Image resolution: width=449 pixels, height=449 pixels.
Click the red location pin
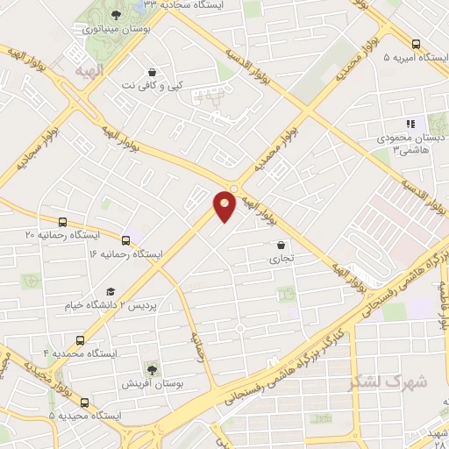(224, 205)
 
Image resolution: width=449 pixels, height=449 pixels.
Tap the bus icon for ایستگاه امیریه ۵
(416, 44)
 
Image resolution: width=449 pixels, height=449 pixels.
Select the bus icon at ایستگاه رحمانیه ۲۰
(61, 223)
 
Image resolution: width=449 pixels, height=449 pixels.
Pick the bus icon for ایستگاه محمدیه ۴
(81, 339)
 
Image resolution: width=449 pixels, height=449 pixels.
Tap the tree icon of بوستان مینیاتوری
(118, 16)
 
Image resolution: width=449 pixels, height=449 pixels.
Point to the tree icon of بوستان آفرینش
(152, 370)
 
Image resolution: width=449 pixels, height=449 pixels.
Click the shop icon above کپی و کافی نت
(153, 73)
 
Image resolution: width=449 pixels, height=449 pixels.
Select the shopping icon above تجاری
(281, 246)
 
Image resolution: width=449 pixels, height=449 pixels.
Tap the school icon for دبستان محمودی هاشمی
(409, 125)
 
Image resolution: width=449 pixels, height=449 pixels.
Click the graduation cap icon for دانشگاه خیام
(110, 292)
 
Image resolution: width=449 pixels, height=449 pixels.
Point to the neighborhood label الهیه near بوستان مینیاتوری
(89, 69)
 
